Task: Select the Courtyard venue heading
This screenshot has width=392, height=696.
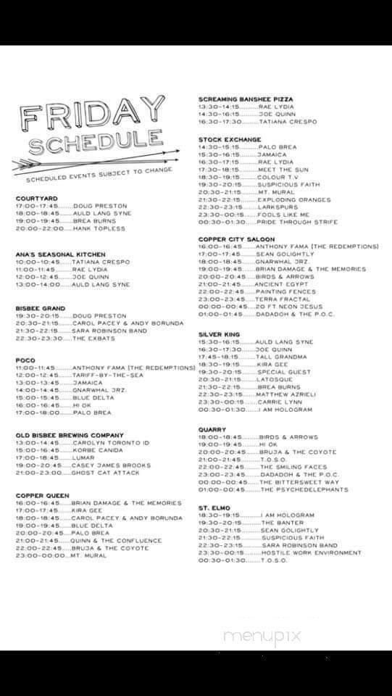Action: (37, 198)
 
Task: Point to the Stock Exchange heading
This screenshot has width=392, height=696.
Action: (230, 139)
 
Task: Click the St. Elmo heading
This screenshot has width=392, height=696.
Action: (214, 508)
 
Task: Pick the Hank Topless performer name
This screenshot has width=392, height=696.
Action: (99, 228)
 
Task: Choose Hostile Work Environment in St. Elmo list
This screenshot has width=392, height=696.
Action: (311, 552)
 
